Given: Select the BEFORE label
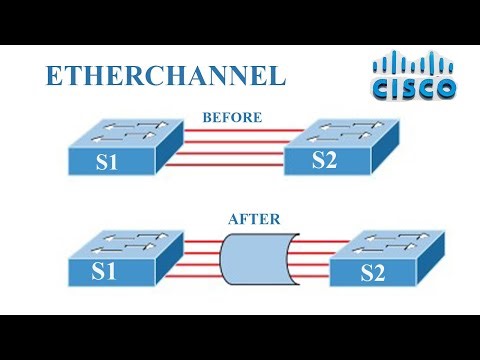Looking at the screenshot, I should (x=232, y=117).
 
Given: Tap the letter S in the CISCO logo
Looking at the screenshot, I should (x=415, y=91).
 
